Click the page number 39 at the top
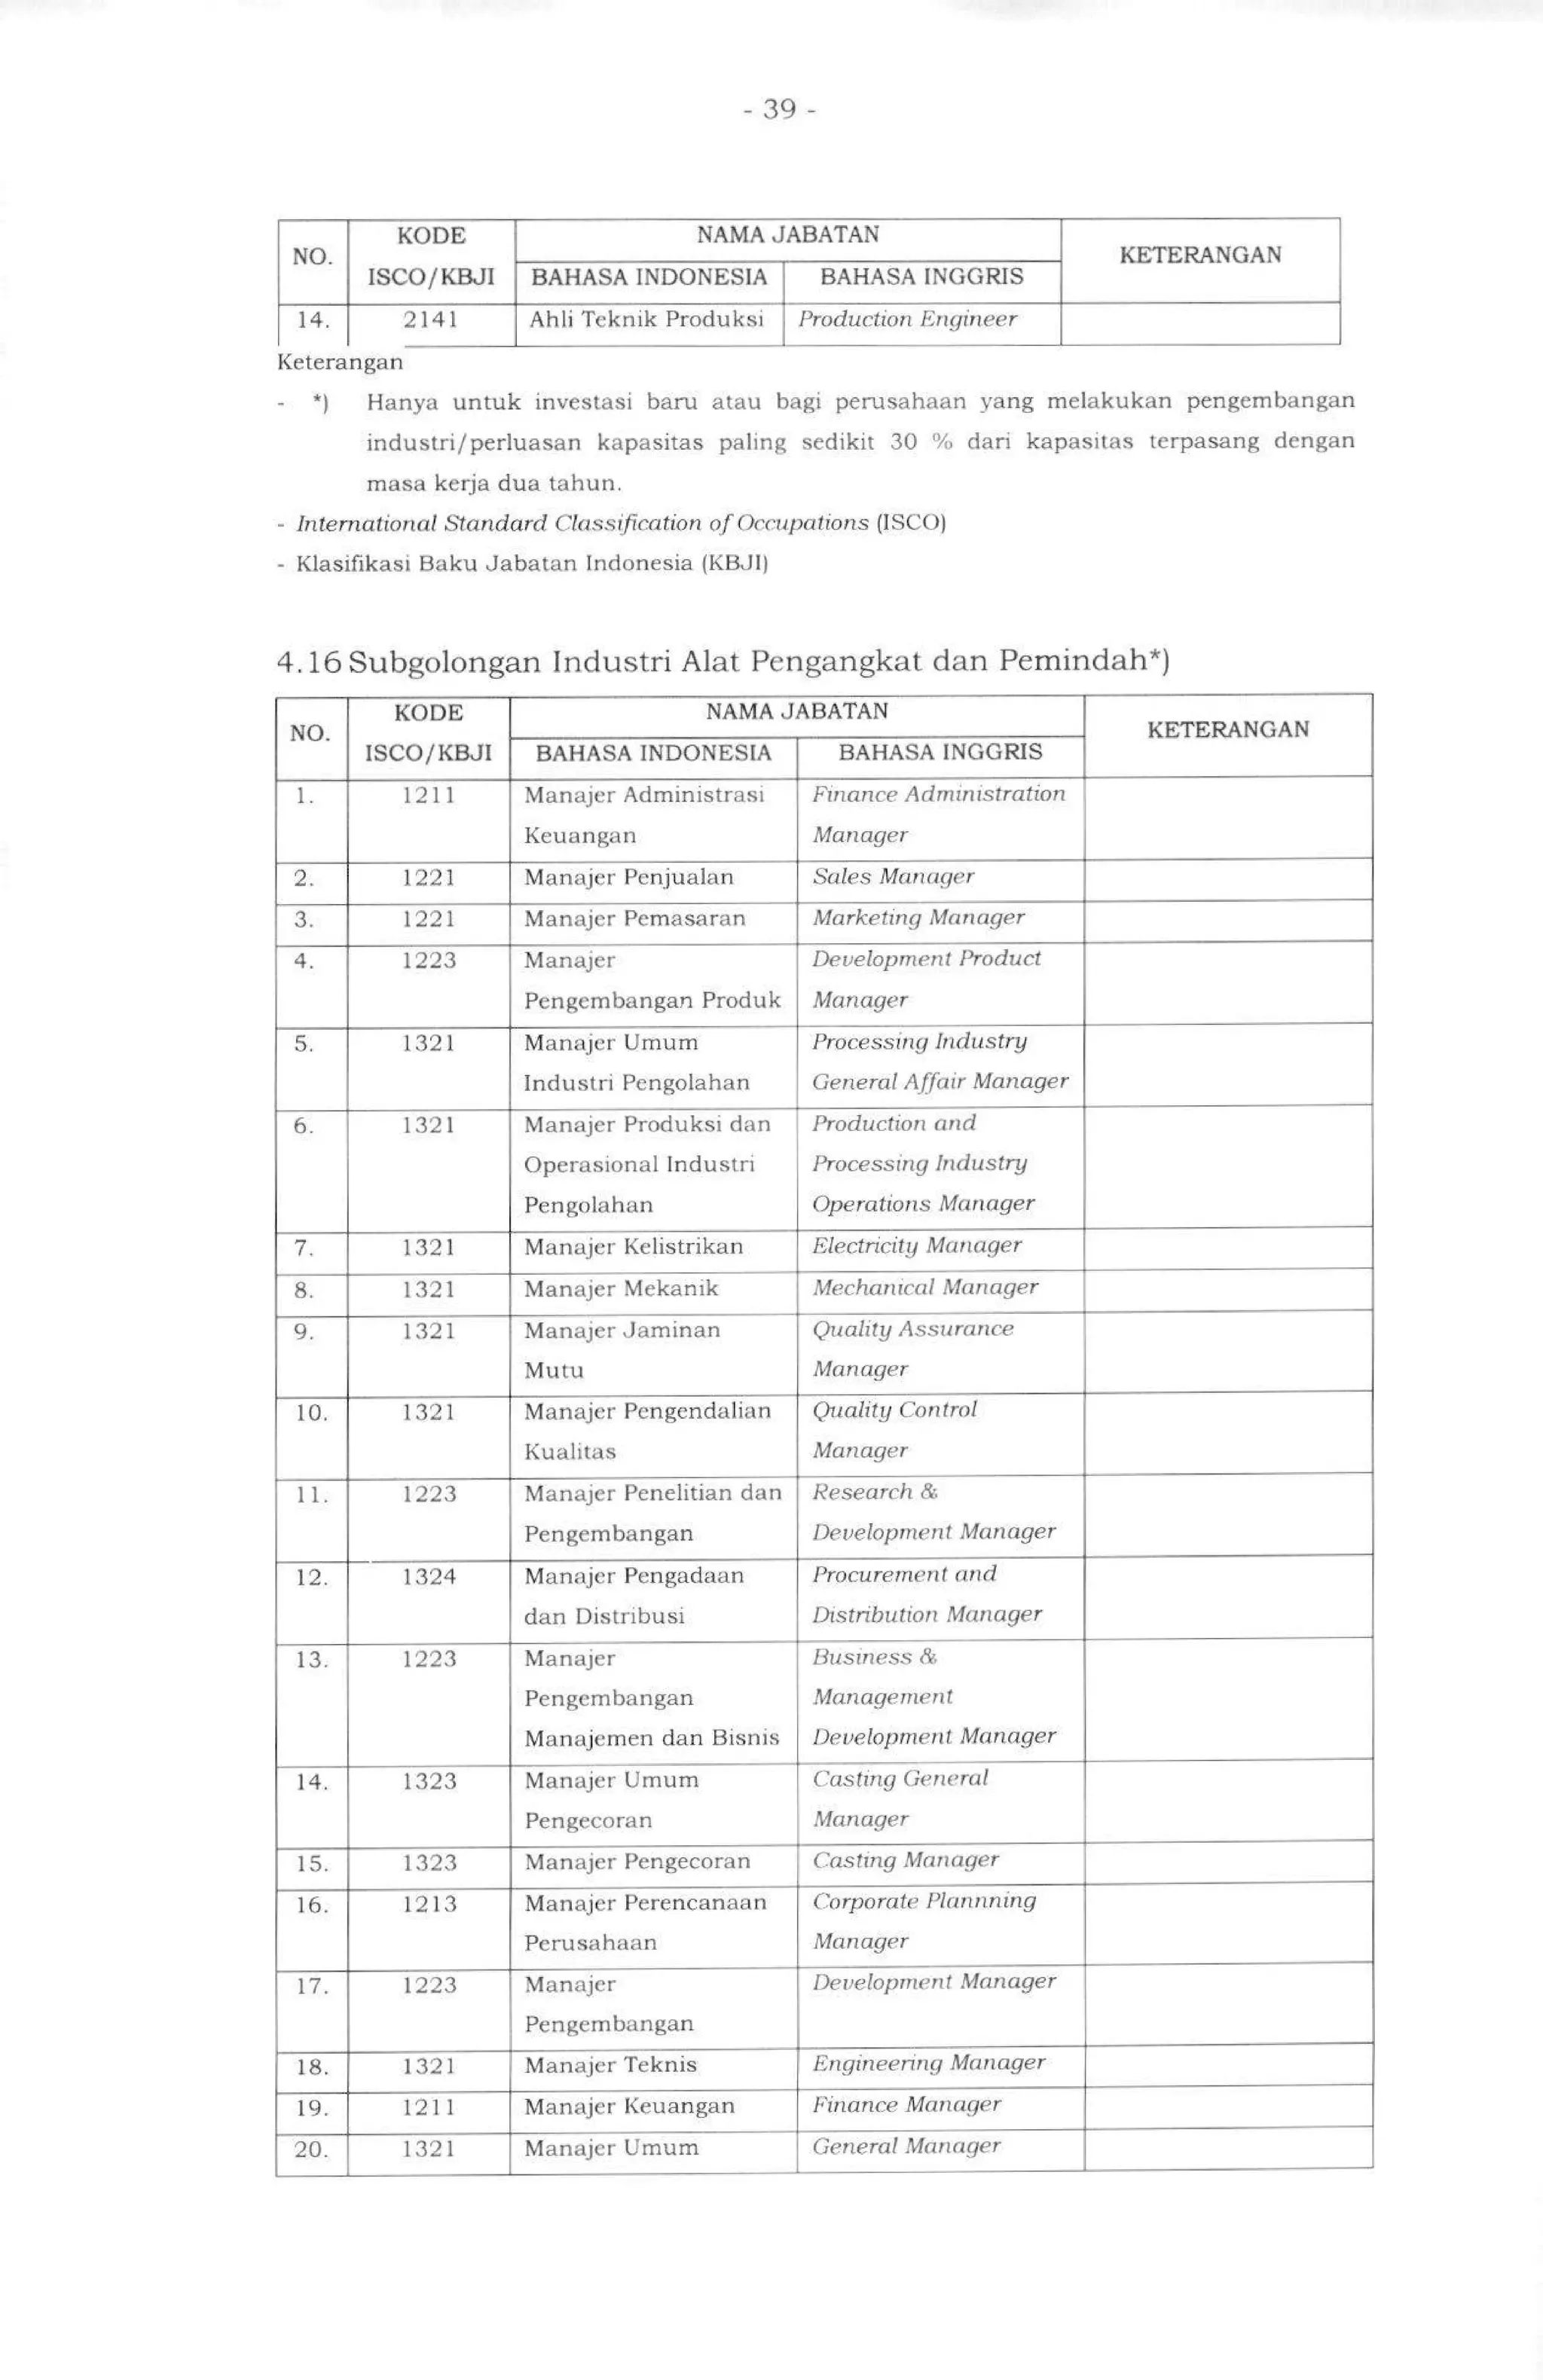click(x=779, y=109)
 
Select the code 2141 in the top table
click(x=430, y=320)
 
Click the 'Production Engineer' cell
click(x=907, y=320)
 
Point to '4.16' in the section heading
click(x=309, y=662)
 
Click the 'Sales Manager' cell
click(x=893, y=877)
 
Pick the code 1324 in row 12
click(x=429, y=1576)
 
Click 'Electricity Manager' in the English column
click(x=917, y=1246)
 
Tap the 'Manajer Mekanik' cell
click(x=621, y=1288)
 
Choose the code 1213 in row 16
click(x=429, y=1904)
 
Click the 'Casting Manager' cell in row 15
click(x=905, y=1861)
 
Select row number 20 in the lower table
click(x=311, y=2149)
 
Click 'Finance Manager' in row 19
click(x=906, y=2105)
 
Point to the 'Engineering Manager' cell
click(x=928, y=2063)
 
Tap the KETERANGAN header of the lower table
click(x=1227, y=730)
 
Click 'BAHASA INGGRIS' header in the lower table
click(x=940, y=753)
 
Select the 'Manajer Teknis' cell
click(x=610, y=2065)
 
